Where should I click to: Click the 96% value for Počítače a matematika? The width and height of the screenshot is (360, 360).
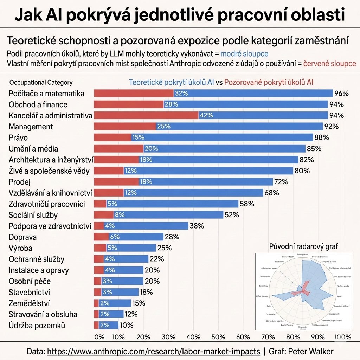(x=341, y=94)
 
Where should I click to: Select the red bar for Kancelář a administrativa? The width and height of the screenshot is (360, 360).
(x=146, y=116)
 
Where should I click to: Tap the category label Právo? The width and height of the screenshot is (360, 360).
(x=18, y=138)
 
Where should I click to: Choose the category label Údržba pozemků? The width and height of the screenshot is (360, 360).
(x=37, y=326)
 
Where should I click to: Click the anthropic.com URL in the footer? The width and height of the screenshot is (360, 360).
(x=154, y=351)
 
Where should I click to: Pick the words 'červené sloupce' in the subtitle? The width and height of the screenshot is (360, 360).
(x=325, y=64)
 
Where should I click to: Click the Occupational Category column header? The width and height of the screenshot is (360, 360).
(x=41, y=83)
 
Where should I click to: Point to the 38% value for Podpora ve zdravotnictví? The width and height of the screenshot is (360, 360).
(x=197, y=226)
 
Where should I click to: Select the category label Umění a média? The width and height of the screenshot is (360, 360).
(x=33, y=149)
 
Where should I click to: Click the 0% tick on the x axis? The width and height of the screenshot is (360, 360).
(x=99, y=337)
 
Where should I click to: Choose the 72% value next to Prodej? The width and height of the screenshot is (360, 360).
(x=281, y=182)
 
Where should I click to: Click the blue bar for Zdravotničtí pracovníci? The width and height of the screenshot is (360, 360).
(x=172, y=204)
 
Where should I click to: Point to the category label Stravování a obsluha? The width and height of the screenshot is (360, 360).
(x=43, y=314)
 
